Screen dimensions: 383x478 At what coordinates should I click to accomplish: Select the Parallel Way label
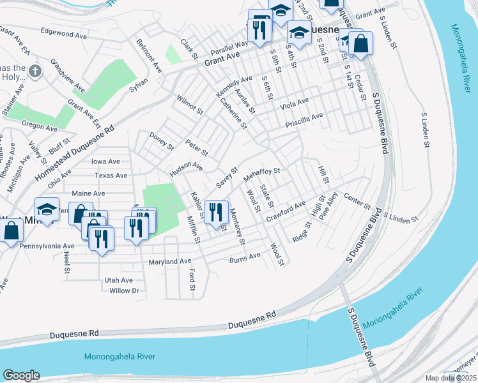[x=229, y=45]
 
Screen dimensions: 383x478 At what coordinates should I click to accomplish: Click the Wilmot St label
[x=189, y=104]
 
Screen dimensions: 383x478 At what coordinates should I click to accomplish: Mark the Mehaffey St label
[x=262, y=174]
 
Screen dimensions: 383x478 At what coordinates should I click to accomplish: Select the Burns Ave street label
[x=245, y=257]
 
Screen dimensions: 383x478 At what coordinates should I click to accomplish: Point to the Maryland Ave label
[x=170, y=262]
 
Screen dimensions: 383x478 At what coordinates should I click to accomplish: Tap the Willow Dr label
[x=124, y=291]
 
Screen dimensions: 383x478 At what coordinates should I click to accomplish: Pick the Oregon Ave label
[x=39, y=126]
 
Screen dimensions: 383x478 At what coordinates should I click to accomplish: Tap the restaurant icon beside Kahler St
[x=216, y=211]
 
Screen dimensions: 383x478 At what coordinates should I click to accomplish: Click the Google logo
[x=21, y=375]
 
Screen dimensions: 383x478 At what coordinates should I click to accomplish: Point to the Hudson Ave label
[x=185, y=170]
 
